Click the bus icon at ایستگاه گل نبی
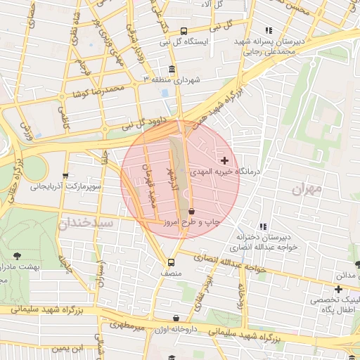coord(184,32)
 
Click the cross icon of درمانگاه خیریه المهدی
coord(225,161)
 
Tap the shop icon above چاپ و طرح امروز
coord(191,211)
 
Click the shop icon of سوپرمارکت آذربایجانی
coord(65,176)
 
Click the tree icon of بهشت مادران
coord(18,256)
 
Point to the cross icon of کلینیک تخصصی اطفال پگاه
coord(339,289)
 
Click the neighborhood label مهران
coord(307,188)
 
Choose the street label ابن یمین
coord(70,348)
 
